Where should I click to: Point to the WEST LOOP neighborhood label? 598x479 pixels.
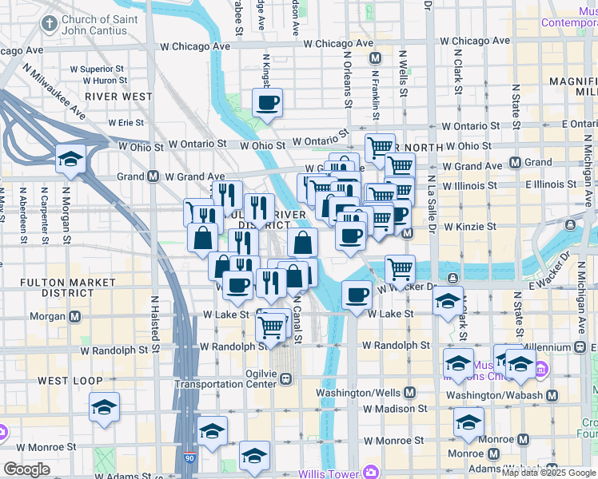click(65, 381)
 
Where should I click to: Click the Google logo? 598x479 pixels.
click(26, 469)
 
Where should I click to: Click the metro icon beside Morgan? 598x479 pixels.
click(74, 316)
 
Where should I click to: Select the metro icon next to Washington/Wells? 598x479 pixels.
click(409, 393)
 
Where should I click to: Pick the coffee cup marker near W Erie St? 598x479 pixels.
click(267, 103)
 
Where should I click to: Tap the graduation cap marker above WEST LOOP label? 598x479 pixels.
click(104, 407)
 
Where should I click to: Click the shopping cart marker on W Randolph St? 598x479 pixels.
click(272, 326)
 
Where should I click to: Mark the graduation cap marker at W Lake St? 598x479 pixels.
click(448, 302)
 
